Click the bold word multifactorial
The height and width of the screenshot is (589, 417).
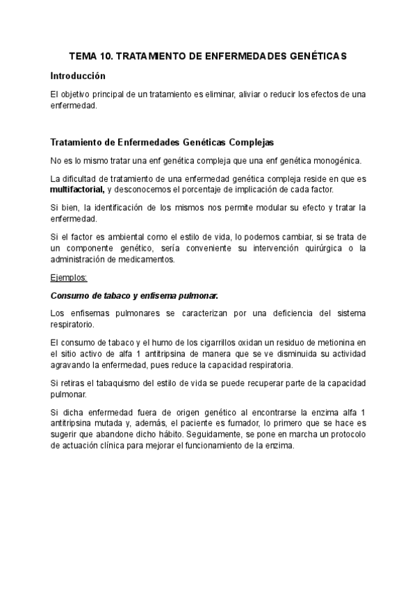(76, 190)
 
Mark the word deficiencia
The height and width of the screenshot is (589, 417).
(291, 313)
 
